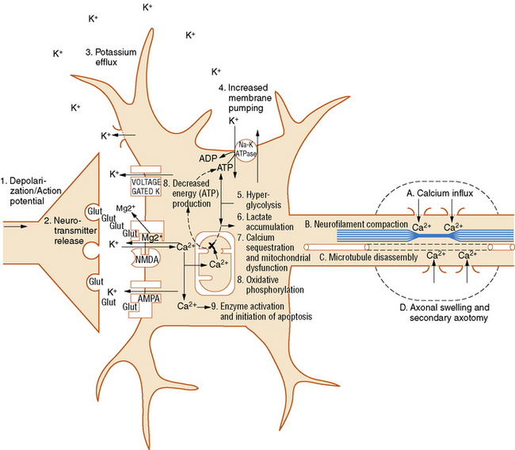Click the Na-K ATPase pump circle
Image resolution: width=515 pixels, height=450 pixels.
(250, 148)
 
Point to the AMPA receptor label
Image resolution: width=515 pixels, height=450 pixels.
(150, 299)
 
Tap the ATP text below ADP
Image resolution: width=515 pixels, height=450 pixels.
(226, 168)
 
